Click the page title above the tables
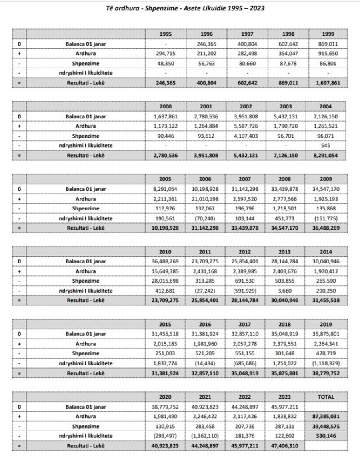(x=180, y=8)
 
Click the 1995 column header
(x=165, y=34)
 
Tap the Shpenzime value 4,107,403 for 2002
(x=245, y=136)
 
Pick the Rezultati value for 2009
(x=326, y=228)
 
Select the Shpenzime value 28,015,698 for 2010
(x=165, y=281)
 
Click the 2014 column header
(x=326, y=252)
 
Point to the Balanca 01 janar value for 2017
(x=245, y=334)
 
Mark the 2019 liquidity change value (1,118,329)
(x=326, y=363)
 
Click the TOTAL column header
(x=326, y=397)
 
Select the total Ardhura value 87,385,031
(x=326, y=417)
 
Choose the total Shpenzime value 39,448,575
(x=326, y=426)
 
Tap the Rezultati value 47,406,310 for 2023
(x=286, y=445)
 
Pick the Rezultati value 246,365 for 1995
(x=165, y=83)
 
